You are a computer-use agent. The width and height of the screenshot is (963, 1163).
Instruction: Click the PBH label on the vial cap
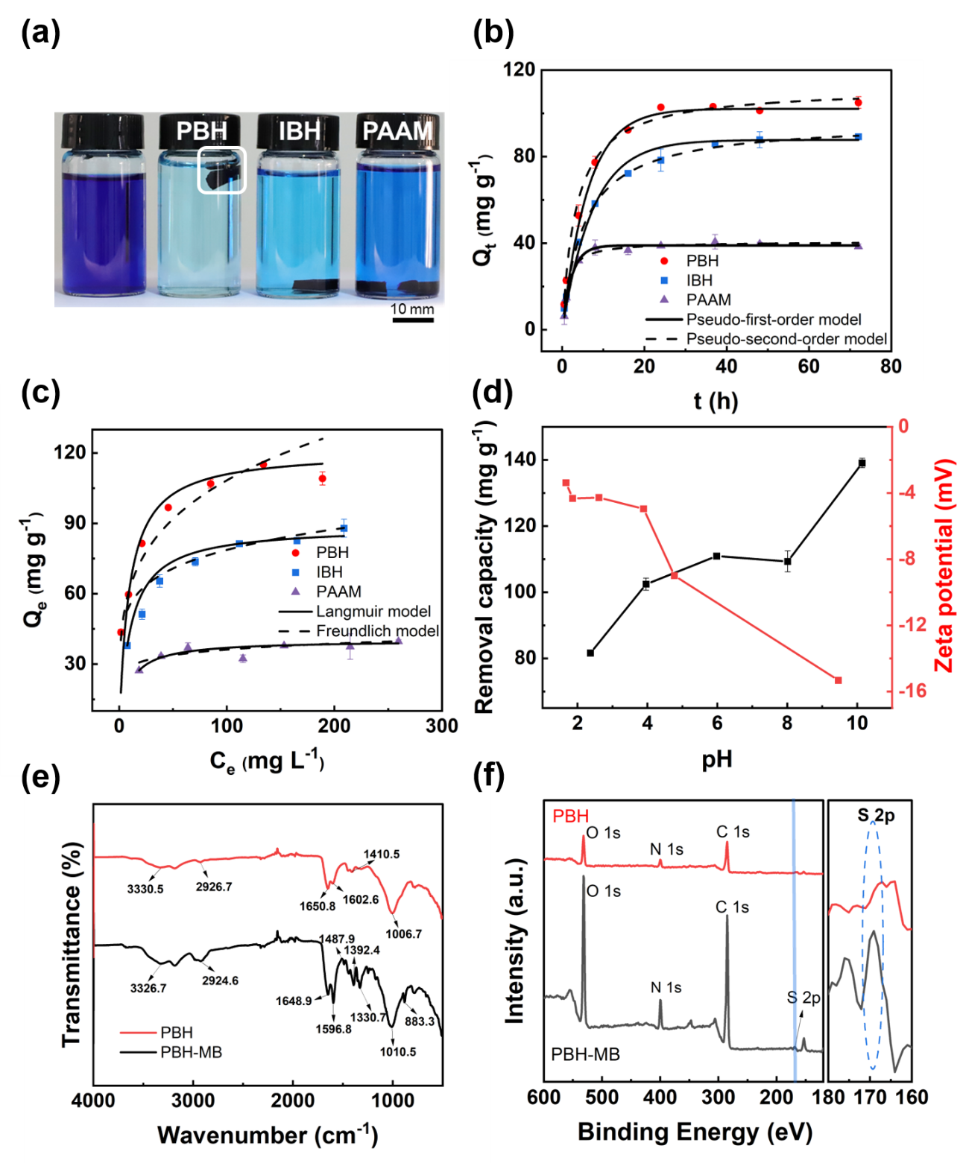pos(201,131)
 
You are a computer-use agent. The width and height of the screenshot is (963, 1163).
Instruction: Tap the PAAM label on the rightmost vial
pos(397,131)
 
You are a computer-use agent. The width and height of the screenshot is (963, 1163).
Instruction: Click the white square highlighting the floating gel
pos(221,170)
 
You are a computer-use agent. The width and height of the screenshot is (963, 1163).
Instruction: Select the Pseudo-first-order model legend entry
pos(773,320)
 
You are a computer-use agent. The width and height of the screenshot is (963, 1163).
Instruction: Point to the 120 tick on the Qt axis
pos(519,70)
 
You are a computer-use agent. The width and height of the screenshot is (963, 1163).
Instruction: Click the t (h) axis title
pos(716,401)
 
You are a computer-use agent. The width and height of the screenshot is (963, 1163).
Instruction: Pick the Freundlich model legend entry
pos(377,631)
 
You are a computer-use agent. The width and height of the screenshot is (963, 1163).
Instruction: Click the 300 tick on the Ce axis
pos(441,726)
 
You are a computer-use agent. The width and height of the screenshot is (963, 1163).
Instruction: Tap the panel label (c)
pos(40,393)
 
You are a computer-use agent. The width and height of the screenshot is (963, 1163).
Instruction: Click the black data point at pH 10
pos(862,463)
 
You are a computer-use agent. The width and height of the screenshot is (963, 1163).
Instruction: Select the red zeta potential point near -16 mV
pos(838,680)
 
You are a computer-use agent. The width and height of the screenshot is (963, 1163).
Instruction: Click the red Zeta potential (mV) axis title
pos(944,566)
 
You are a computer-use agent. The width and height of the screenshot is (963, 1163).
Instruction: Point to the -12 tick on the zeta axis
pos(912,625)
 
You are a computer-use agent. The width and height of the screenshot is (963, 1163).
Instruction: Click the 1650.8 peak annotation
pos(318,906)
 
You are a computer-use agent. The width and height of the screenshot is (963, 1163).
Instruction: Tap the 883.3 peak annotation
pos(420,1021)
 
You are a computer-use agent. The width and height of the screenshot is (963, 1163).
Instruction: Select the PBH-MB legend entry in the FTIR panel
pos(191,1052)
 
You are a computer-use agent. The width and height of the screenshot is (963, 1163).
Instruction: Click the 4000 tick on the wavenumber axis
pos(93,1100)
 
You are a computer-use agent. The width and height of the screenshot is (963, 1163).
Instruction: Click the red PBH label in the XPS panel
pos(570,817)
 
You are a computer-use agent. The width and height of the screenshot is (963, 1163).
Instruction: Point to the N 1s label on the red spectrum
pos(666,849)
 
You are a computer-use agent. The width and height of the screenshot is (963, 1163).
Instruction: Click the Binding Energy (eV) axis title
pos(695,1132)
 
